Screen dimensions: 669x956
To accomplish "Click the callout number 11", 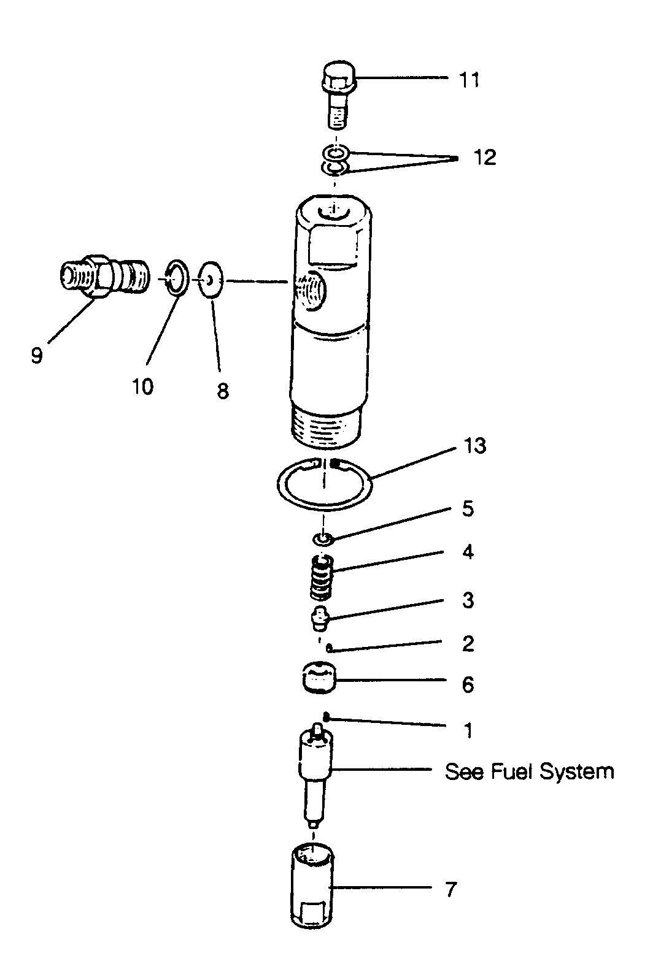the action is pyautogui.click(x=469, y=80).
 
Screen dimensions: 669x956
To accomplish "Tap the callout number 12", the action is pyautogui.click(x=485, y=157).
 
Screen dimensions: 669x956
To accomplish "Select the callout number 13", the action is pyautogui.click(x=474, y=446).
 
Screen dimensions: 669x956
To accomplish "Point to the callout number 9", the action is pyautogui.click(x=37, y=355).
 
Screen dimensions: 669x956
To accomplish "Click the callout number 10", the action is pyautogui.click(x=142, y=387).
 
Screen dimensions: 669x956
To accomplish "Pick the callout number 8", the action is pyautogui.click(x=223, y=390).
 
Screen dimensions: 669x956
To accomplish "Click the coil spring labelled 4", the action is pyautogui.click(x=322, y=576).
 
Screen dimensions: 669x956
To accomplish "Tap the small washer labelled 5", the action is pyautogui.click(x=323, y=540).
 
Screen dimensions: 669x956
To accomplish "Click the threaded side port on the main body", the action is pyautogui.click(x=311, y=291).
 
